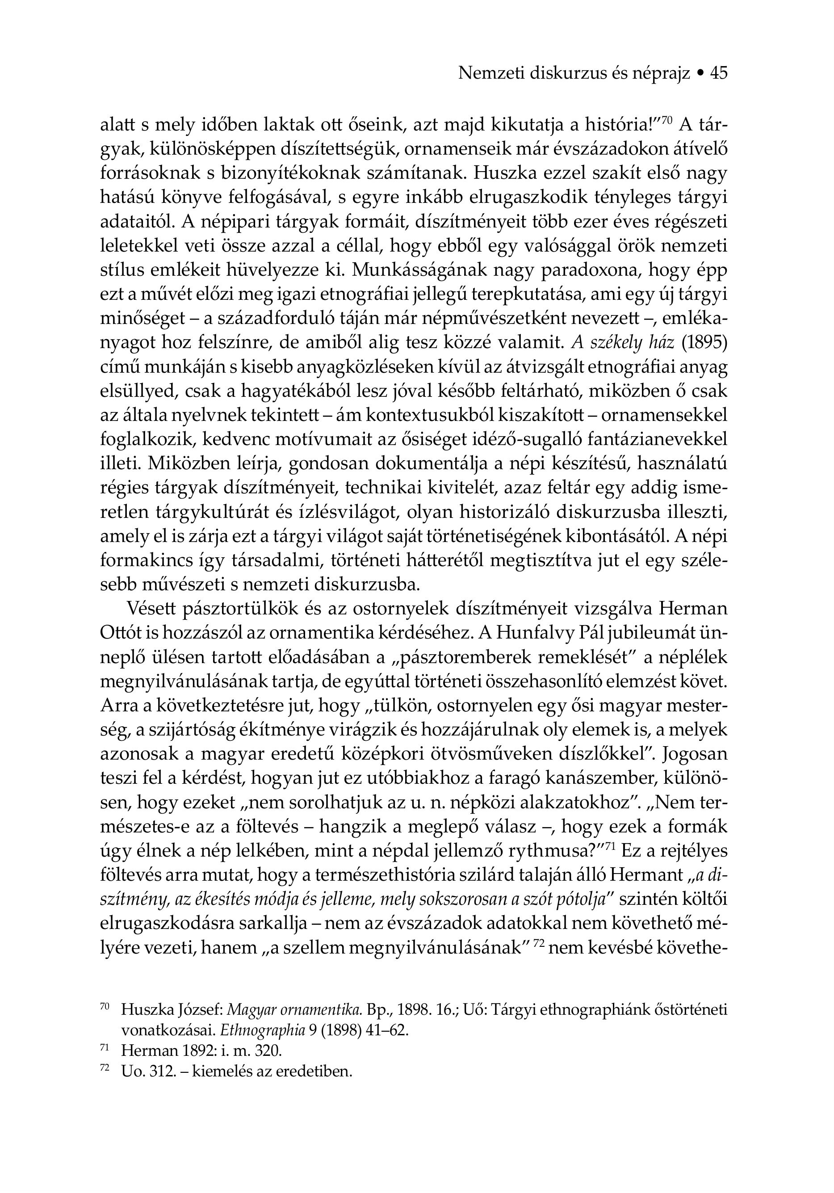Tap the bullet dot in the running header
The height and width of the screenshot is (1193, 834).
tap(700, 74)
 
